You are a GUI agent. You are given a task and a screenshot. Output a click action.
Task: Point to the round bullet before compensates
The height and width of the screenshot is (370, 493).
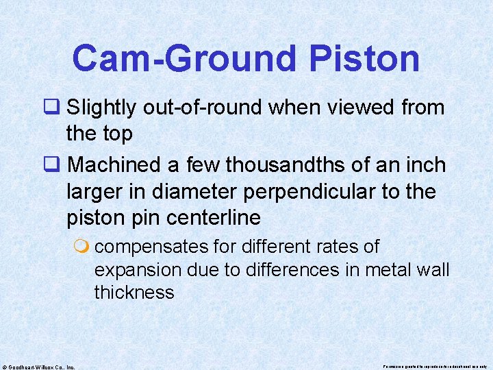[x=85, y=246]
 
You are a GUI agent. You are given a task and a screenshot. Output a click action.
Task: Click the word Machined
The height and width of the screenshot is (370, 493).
[x=112, y=165]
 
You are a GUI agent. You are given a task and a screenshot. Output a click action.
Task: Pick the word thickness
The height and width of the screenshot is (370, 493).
[x=134, y=293]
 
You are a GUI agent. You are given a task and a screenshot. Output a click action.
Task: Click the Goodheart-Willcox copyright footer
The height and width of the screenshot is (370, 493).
[x=38, y=366]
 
